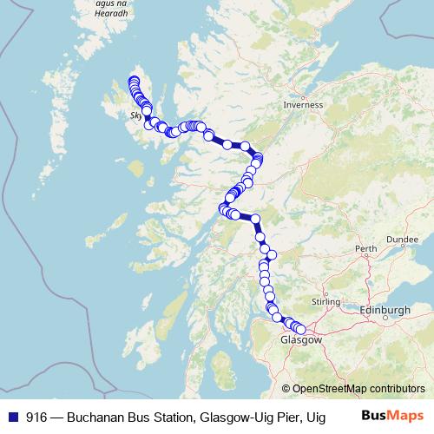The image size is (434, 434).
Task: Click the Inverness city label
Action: point(303,104)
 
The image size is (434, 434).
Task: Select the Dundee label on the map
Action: point(403,238)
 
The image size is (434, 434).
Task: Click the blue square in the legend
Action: point(11,418)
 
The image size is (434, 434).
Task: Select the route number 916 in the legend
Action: point(36,418)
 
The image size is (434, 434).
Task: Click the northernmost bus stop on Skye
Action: point(134,81)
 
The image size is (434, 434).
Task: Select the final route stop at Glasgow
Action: point(301,329)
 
